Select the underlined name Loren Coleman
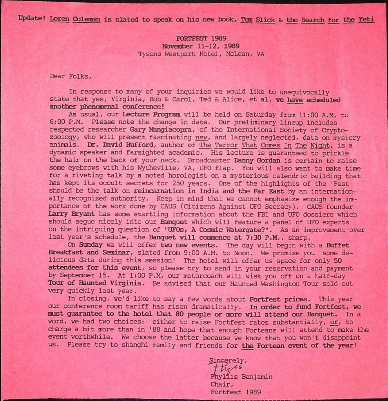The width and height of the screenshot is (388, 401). [75, 20]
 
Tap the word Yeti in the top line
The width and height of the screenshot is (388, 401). [366, 20]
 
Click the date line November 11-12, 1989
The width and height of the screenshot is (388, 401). [201, 46]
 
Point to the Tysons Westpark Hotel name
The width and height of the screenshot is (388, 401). [176, 54]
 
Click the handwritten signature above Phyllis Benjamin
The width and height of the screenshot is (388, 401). [225, 367]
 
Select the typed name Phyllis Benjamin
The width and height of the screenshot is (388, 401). [241, 377]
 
